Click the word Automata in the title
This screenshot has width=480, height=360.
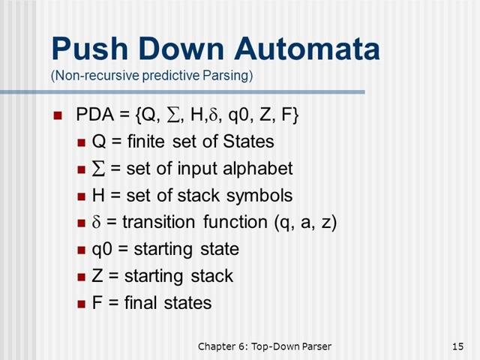307,49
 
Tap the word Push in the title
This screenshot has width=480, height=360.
90,49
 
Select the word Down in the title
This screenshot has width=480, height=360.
181,49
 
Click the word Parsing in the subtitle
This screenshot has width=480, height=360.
227,75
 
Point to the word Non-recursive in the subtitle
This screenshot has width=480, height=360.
95,75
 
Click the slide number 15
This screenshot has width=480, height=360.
458,346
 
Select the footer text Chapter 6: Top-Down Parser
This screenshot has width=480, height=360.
265,346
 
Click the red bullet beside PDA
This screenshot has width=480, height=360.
58,115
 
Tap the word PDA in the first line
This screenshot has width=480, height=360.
95,115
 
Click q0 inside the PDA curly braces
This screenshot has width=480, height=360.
238,115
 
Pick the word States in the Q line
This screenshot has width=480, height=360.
248,142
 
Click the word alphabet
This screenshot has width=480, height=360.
257,169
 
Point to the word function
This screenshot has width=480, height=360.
235,222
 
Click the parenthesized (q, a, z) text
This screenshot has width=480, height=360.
305,223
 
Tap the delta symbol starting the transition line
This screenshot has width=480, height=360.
96,222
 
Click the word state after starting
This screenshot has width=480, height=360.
220,249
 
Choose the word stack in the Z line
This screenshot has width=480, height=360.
211,276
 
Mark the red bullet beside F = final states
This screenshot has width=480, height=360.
81,304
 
